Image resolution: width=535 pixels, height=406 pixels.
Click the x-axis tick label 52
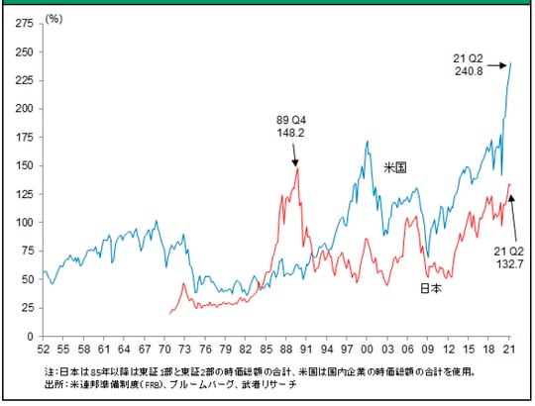44,351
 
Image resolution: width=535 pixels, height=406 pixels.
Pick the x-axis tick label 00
367,351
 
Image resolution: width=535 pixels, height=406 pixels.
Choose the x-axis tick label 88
285,351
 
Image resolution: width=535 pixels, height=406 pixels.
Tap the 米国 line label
394,168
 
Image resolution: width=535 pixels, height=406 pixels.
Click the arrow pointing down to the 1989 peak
294,154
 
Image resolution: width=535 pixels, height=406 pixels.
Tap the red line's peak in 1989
297,167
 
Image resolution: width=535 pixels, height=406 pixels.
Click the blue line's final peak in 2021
510,63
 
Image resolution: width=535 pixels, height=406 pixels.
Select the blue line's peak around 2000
367,142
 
